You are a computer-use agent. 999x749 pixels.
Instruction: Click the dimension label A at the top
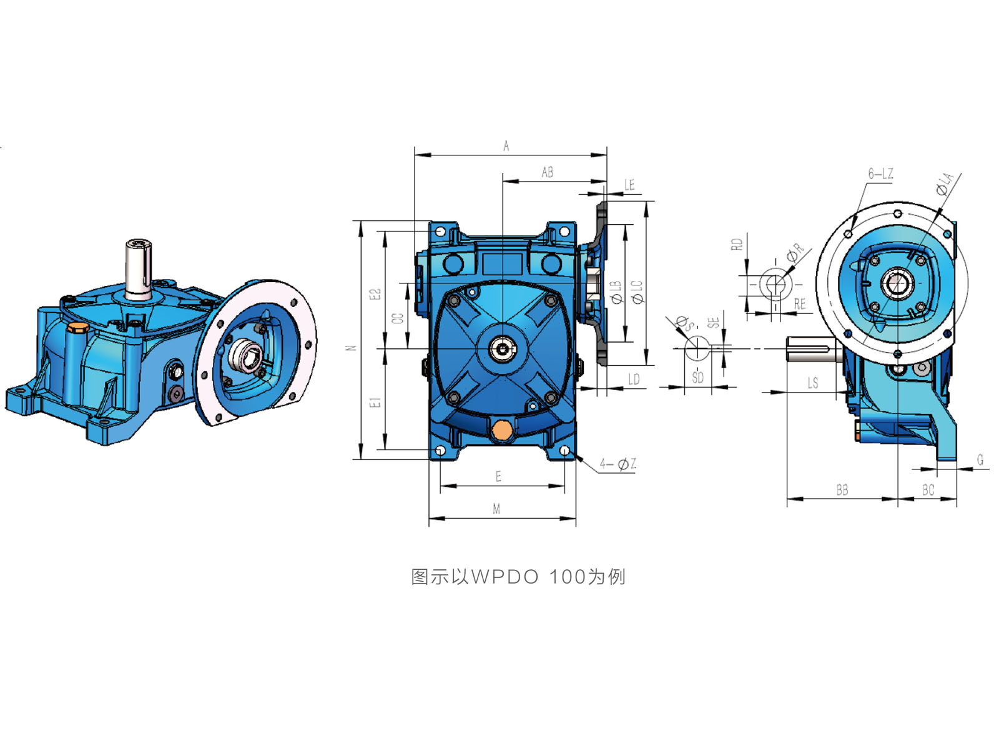coord(506,146)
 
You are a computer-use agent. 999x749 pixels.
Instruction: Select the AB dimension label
coord(547,172)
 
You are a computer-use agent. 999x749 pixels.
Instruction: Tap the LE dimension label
coord(629,185)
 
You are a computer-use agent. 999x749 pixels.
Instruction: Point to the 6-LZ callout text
coord(880,174)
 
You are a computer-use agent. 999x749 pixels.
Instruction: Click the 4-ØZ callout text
coord(618,464)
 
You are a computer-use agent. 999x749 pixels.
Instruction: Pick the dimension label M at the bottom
coord(496,509)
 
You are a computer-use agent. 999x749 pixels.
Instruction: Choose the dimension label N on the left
coord(350,348)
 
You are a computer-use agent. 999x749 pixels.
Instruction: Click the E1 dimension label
coord(375,402)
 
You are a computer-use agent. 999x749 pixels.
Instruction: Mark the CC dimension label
coord(398,318)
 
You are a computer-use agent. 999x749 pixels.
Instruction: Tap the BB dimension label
coord(842,490)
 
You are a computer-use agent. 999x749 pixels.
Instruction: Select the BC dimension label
coord(928,490)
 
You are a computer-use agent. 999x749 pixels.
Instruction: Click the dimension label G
coord(980,460)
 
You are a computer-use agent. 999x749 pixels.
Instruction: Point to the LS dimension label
coord(812,383)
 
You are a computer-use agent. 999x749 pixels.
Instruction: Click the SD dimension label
coord(697,378)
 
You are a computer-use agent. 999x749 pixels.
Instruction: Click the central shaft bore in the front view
coord(503,349)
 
